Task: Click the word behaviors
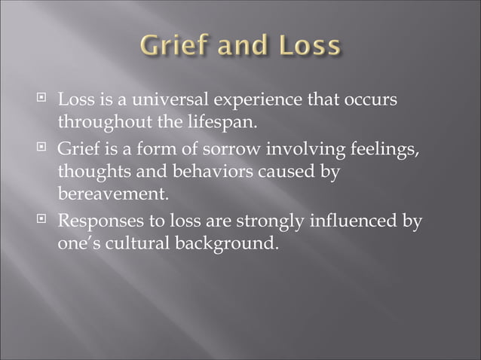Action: click(x=219, y=172)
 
